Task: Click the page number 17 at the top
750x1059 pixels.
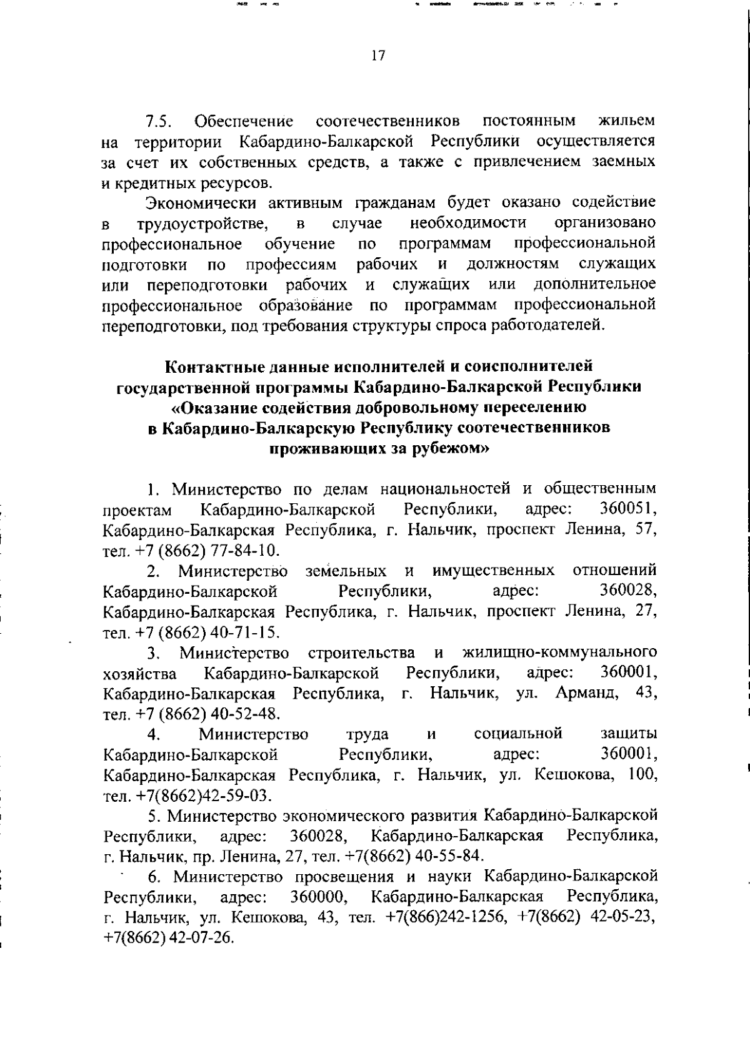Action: (378, 56)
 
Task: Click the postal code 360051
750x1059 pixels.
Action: (627, 509)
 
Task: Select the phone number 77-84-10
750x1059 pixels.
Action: (244, 551)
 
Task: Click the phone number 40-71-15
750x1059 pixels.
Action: (244, 632)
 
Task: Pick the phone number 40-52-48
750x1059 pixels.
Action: (244, 714)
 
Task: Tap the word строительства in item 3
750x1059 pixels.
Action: (361, 653)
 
